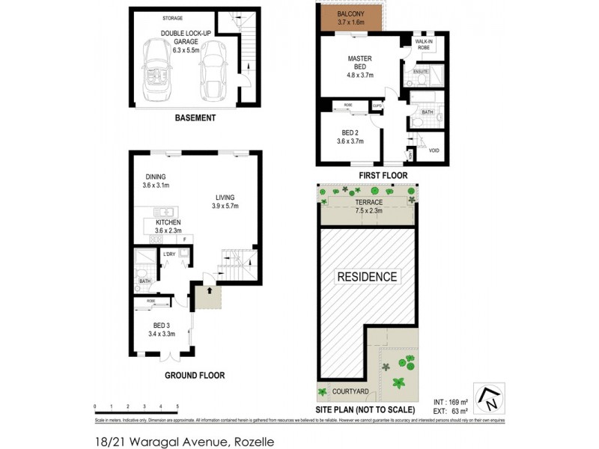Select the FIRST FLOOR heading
tap(382, 175)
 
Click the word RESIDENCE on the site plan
tap(367, 277)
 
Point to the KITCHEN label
tap(168, 223)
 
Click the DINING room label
tap(156, 177)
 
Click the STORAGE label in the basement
tap(177, 18)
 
